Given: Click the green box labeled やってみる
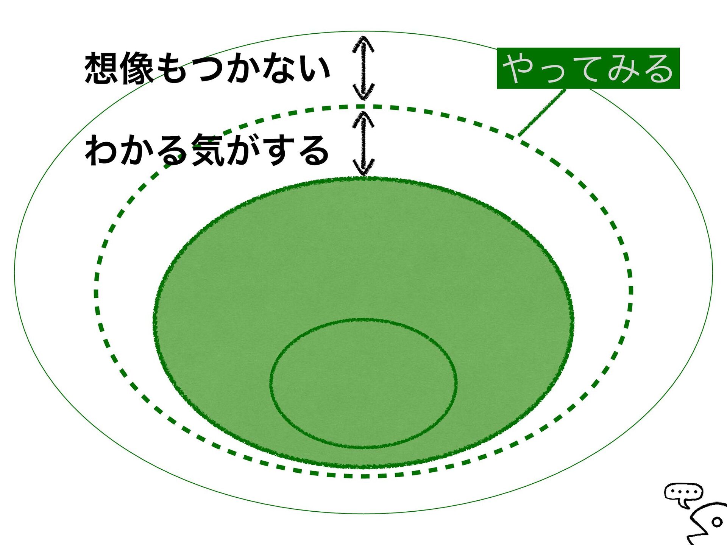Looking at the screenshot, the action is click(588, 69).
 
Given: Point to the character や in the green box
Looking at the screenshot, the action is click(520, 68).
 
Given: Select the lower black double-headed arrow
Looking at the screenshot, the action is click(363, 143).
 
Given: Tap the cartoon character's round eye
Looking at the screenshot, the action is click(717, 522).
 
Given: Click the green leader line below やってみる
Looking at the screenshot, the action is click(541, 112).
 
